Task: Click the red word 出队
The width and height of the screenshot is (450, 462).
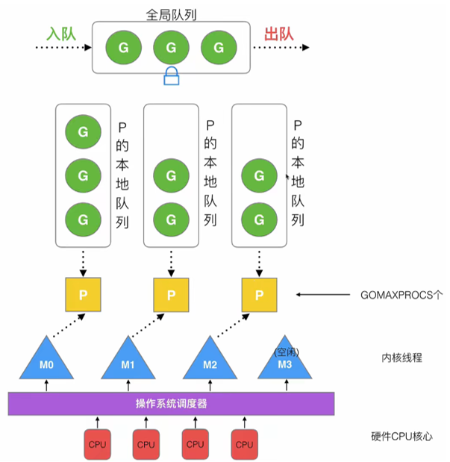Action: pyautogui.click(x=280, y=34)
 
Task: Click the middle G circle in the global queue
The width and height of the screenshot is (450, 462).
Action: pyautogui.click(x=171, y=48)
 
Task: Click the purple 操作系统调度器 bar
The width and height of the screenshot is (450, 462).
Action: pyautogui.click(x=171, y=404)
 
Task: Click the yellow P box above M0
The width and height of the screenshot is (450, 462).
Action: pyautogui.click(x=83, y=295)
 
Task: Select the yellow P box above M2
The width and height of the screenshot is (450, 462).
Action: pyautogui.click(x=259, y=295)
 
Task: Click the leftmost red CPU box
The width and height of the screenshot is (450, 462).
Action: pyautogui.click(x=98, y=444)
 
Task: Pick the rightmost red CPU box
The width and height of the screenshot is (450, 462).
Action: pyautogui.click(x=244, y=444)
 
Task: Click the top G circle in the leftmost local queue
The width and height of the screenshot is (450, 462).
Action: pyautogui.click(x=82, y=132)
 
